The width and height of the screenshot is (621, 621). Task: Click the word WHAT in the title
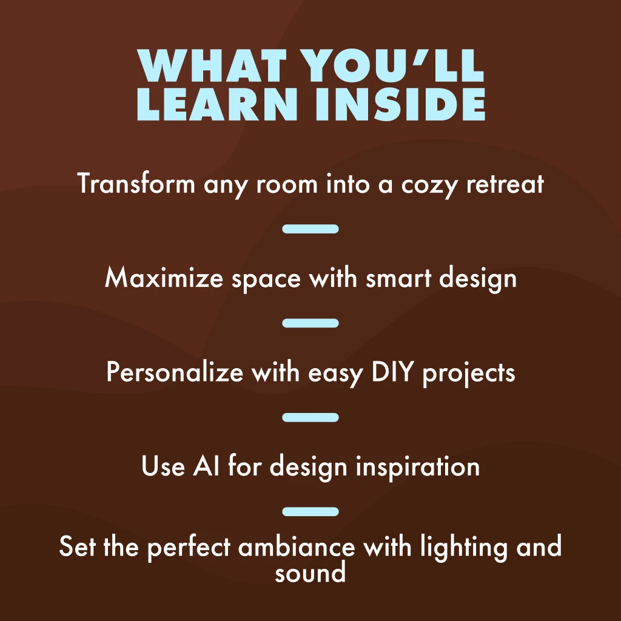pyautogui.click(x=212, y=65)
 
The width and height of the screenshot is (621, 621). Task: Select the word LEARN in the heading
pyautogui.click(x=217, y=104)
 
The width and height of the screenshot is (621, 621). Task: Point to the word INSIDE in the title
pyautogui.click(x=400, y=104)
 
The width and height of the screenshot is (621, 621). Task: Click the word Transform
pyautogui.click(x=136, y=183)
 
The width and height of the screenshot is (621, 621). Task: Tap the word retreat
pyautogui.click(x=505, y=184)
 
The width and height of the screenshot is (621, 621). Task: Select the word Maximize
pyautogui.click(x=164, y=277)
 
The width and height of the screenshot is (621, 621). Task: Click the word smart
pyautogui.click(x=398, y=278)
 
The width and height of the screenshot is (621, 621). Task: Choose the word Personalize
pyautogui.click(x=175, y=372)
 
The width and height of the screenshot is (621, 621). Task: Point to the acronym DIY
pyautogui.click(x=392, y=372)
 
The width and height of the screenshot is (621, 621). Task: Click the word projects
pyautogui.click(x=469, y=374)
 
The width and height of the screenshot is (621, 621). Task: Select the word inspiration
pyautogui.click(x=418, y=466)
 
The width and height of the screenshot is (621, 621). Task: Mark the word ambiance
pyautogui.click(x=297, y=546)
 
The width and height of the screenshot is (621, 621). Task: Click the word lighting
pyautogui.click(x=463, y=548)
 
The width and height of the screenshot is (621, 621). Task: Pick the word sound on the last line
pyautogui.click(x=310, y=573)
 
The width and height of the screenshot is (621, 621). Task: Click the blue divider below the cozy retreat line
pyautogui.click(x=310, y=229)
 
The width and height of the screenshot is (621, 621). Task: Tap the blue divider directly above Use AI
pyautogui.click(x=310, y=417)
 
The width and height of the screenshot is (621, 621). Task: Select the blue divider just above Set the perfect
pyautogui.click(x=310, y=512)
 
